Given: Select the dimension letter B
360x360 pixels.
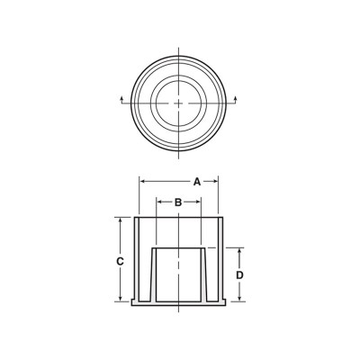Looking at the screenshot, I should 178,202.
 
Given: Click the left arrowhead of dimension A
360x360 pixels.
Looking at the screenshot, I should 142,181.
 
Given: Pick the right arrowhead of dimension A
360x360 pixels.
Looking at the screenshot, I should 217,181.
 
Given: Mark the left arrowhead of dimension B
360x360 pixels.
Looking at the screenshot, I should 158,202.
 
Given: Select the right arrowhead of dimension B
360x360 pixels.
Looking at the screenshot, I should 198,202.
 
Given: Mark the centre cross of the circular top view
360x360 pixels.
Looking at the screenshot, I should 179,103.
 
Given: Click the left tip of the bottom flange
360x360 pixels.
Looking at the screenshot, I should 133,302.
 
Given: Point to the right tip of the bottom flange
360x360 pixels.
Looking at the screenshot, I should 225,302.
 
